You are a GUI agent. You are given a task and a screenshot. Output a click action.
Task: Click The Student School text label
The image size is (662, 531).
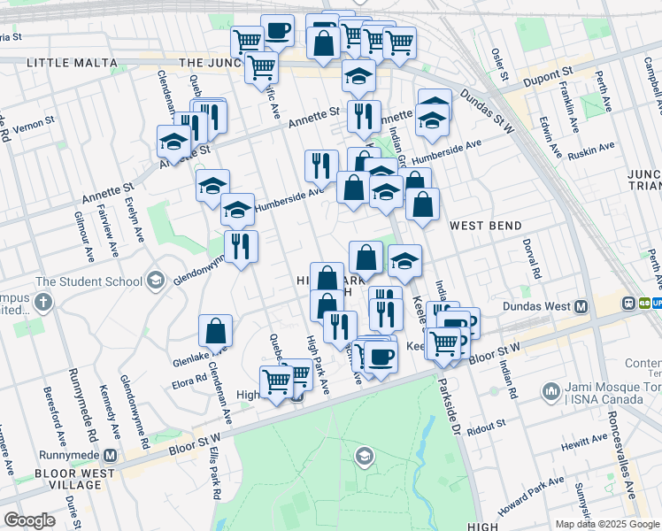coord(89,281)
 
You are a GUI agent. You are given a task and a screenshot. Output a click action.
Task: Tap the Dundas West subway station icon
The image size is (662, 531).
coord(581,306)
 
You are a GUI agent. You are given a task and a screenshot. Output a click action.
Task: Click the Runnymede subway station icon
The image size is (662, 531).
coord(111,456)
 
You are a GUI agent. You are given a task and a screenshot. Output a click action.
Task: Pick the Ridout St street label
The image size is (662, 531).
coord(488,426)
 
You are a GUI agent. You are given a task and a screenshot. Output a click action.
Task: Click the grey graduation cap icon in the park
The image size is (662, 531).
coord(363,457)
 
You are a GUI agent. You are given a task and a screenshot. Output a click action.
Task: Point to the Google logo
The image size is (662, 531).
coord(29,519)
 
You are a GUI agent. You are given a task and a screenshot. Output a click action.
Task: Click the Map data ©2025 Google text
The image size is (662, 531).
coord(607,524)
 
